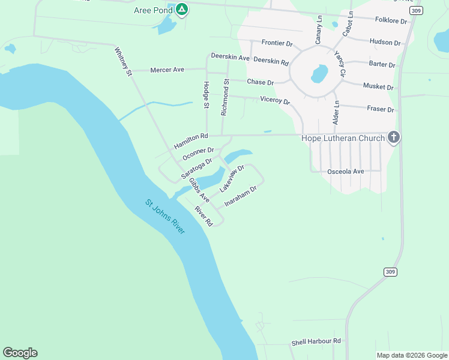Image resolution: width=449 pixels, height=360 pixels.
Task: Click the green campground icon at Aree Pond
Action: click(x=181, y=10)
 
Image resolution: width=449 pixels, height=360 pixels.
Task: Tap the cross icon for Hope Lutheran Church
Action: click(x=394, y=138)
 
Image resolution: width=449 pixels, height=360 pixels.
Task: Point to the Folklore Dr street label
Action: click(x=391, y=21)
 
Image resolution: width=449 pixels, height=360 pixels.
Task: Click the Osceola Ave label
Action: click(x=346, y=172)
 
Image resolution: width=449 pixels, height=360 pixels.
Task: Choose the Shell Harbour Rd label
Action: click(x=316, y=341)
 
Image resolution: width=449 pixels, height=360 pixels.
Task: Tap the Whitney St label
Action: click(x=122, y=62)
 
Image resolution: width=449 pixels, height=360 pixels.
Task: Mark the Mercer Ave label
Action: click(x=167, y=70)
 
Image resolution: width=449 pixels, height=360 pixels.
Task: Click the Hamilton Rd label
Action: click(x=191, y=142)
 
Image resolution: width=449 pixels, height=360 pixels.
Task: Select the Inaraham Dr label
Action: click(x=241, y=196)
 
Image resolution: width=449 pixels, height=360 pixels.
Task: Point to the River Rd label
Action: click(x=204, y=216)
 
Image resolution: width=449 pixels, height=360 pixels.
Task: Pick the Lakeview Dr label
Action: click(x=232, y=179)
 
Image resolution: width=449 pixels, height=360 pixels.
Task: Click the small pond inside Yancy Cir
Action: click(x=319, y=74)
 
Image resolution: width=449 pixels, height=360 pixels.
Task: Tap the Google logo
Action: click(x=20, y=353)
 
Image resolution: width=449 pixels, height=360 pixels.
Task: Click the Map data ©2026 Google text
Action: click(x=412, y=355)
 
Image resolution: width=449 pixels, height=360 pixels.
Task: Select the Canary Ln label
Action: click(x=319, y=31)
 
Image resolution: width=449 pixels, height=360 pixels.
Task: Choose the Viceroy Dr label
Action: click(x=275, y=100)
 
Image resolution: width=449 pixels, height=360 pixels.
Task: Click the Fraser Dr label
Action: click(x=379, y=110)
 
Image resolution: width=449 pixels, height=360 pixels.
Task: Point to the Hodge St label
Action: click(x=206, y=95)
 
